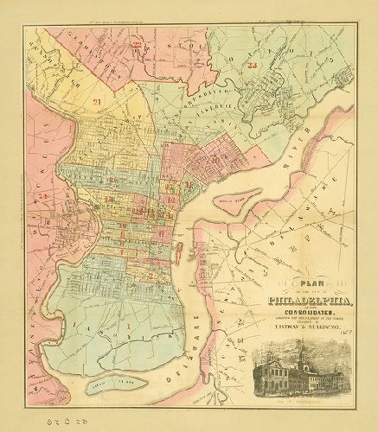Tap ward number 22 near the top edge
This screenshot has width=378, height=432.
tap(137, 43)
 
